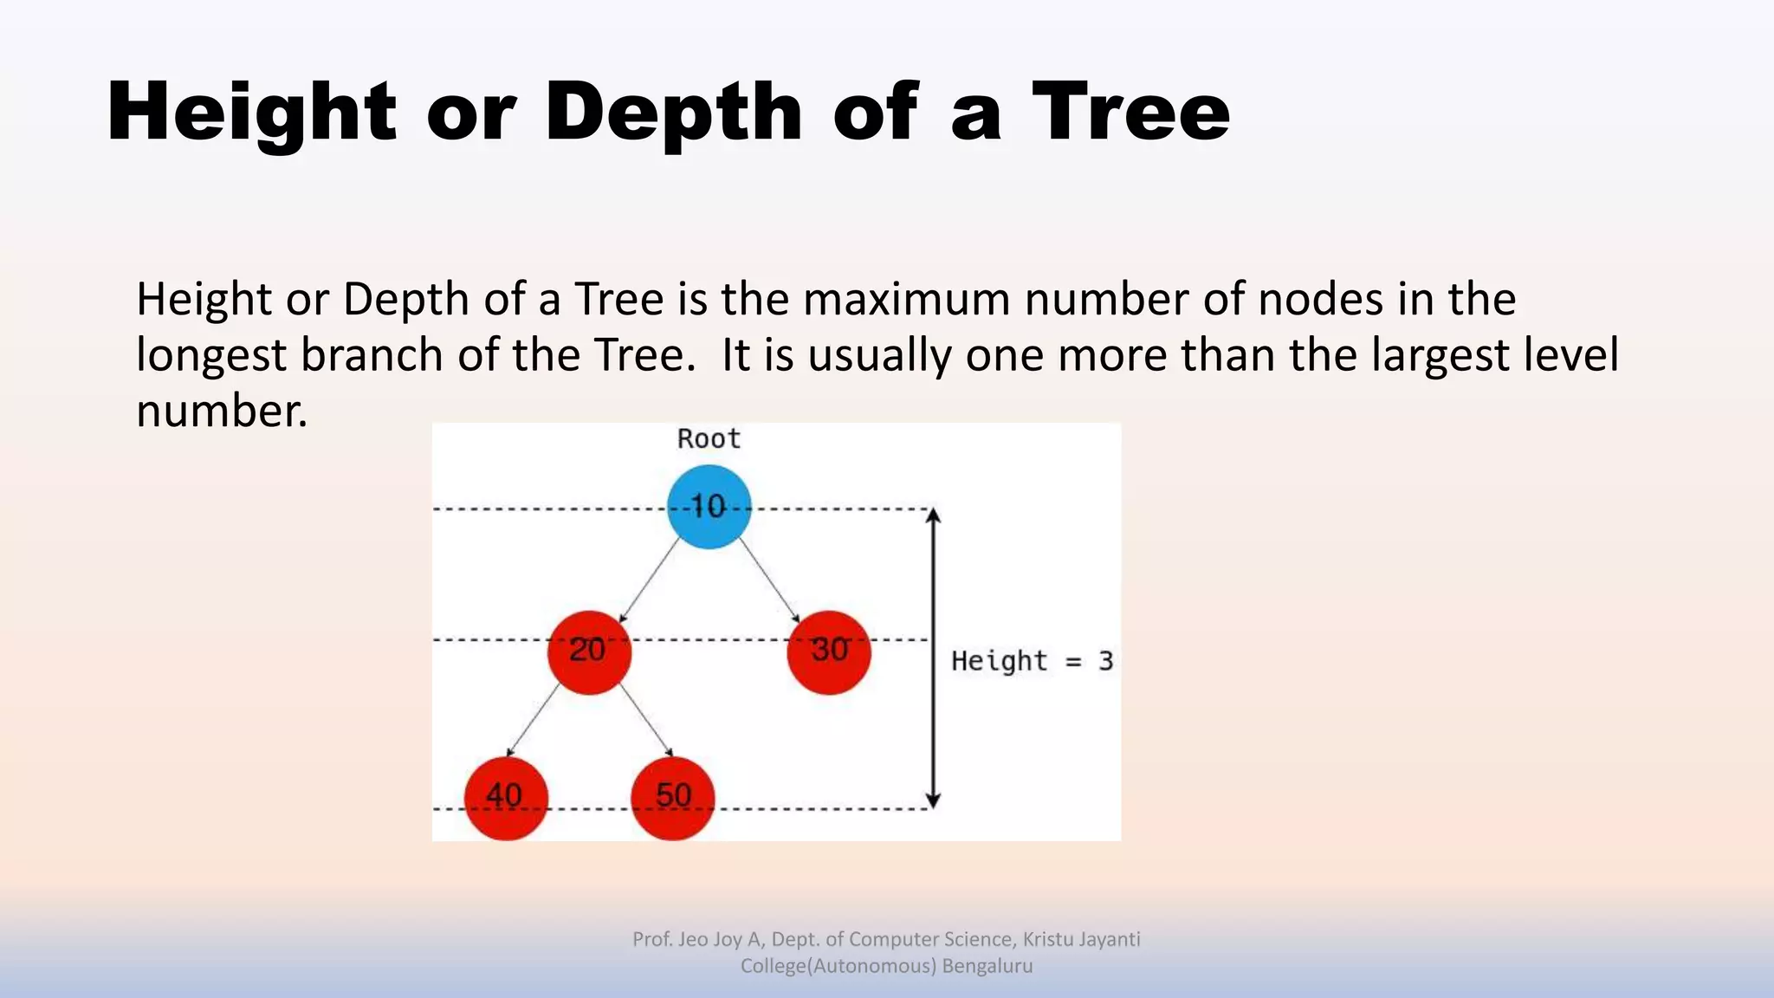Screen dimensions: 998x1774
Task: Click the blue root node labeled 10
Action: (x=709, y=507)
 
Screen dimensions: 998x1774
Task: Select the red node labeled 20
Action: (x=589, y=651)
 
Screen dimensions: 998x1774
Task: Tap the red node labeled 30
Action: (x=829, y=651)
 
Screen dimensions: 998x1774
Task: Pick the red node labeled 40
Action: (x=506, y=798)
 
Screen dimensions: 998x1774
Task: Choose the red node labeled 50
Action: (x=673, y=798)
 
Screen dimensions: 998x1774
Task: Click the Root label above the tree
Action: (x=709, y=439)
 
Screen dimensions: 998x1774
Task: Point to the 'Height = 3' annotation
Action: (x=1032, y=661)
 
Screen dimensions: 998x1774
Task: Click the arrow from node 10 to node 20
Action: (x=650, y=580)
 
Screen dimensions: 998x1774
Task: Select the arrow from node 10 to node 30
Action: (x=769, y=580)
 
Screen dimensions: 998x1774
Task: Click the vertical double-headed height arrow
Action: (x=933, y=658)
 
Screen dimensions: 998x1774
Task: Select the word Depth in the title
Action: (x=674, y=112)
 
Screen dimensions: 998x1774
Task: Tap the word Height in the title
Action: (x=251, y=112)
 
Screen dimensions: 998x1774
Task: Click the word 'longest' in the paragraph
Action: (x=211, y=355)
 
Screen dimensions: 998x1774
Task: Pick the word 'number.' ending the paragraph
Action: (x=222, y=411)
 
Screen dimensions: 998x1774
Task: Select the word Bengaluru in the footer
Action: (x=987, y=966)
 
